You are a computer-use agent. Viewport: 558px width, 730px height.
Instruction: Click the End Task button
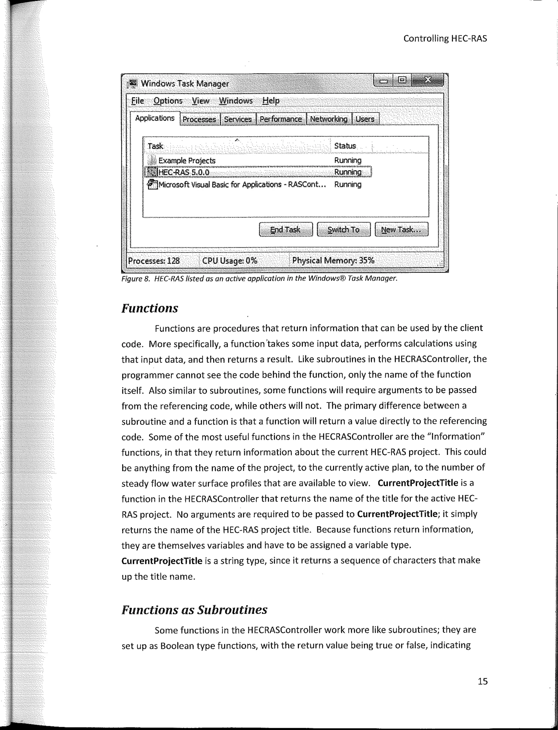click(286, 229)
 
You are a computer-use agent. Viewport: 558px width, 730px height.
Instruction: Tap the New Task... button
click(401, 229)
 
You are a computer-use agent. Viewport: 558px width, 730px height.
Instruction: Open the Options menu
click(168, 100)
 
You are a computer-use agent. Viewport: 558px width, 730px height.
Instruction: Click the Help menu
click(271, 100)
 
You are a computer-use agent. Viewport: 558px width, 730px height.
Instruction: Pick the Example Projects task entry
click(187, 161)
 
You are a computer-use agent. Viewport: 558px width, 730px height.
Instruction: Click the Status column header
click(345, 146)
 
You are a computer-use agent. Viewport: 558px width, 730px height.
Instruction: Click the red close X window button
click(427, 80)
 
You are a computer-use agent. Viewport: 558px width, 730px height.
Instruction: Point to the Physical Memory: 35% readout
click(333, 261)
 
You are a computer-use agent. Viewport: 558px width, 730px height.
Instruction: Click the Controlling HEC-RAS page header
click(445, 38)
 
